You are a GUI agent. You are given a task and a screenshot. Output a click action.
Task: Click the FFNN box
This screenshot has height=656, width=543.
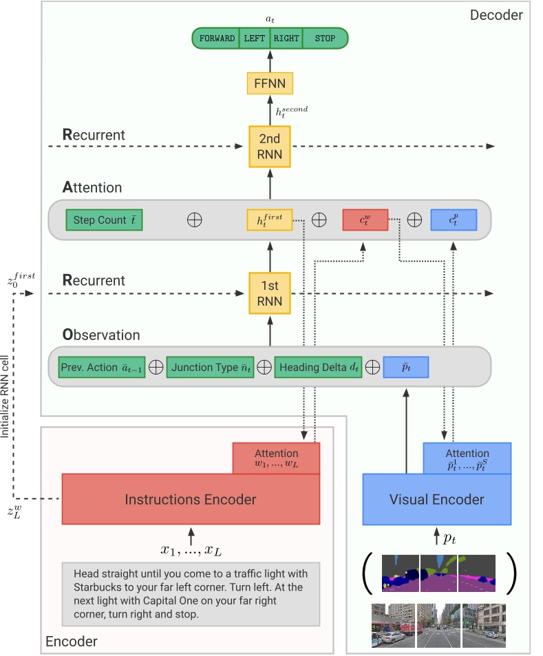click(x=270, y=84)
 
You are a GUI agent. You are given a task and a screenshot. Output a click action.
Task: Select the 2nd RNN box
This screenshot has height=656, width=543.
click(x=270, y=147)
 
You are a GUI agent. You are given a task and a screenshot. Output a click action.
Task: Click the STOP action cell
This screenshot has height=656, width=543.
click(x=325, y=38)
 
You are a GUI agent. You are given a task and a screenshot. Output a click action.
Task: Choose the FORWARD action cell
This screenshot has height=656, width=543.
click(x=217, y=38)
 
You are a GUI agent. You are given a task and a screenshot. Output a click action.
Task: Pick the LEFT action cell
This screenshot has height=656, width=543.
click(x=254, y=38)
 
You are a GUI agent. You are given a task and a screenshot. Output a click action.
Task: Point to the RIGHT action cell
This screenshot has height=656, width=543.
click(x=286, y=38)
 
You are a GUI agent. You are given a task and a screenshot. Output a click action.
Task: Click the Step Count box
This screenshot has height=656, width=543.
click(x=104, y=220)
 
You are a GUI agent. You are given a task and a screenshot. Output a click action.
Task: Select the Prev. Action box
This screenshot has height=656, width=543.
click(x=102, y=367)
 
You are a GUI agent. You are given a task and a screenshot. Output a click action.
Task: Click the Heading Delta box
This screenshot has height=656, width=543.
click(x=319, y=367)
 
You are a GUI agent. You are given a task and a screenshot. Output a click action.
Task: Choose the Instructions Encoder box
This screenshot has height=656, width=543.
click(x=191, y=500)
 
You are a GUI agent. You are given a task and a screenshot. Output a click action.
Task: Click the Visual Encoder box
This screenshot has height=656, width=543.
click(x=437, y=500)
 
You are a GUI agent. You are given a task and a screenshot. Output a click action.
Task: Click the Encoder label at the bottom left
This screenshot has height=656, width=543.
click(x=71, y=642)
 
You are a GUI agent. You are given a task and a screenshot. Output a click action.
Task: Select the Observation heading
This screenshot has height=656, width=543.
click(x=101, y=336)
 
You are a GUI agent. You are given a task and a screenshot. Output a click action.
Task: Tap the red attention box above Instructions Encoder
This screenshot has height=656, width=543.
click(x=276, y=458)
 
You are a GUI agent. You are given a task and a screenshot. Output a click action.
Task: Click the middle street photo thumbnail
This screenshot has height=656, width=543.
click(x=437, y=625)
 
